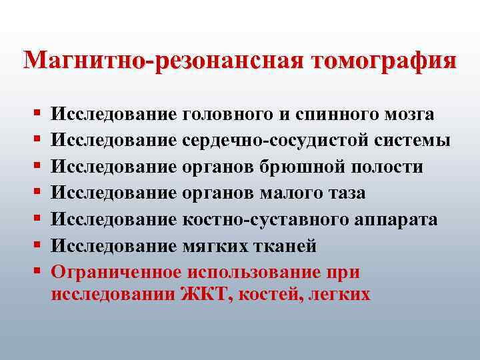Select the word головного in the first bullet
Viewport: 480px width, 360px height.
(225, 115)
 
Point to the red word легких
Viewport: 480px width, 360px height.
(339, 294)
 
